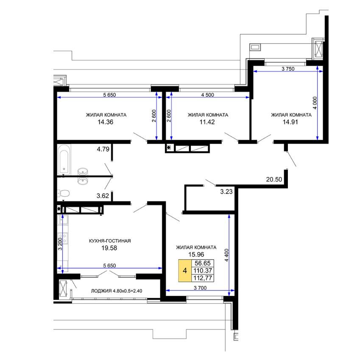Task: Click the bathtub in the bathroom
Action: click(x=64, y=159)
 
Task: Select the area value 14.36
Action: click(x=105, y=122)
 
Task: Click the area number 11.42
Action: click(x=207, y=122)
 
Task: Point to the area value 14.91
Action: click(x=290, y=122)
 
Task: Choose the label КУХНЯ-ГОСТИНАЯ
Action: click(x=110, y=241)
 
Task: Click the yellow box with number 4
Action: click(x=185, y=271)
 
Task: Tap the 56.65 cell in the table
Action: click(x=203, y=263)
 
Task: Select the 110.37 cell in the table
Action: click(x=203, y=271)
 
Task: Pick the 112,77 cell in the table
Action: click(x=203, y=278)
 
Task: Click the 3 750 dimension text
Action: click(x=288, y=69)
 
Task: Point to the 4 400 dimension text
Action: click(x=227, y=255)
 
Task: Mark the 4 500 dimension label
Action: click(x=208, y=94)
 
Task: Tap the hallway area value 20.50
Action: click(x=274, y=179)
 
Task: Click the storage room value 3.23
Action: click(x=226, y=191)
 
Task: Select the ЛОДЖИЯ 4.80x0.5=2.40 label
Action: click(x=117, y=291)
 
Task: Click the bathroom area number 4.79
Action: click(x=103, y=149)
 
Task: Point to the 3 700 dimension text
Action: click(x=200, y=288)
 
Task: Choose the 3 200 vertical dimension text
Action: click(x=60, y=244)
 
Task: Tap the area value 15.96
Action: click(x=196, y=255)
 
